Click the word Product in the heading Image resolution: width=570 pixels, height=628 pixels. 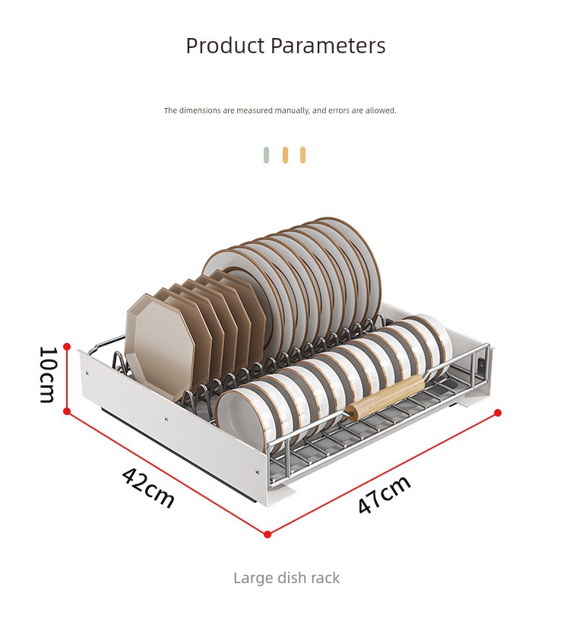point(226,46)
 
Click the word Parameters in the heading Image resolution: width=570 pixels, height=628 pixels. point(328,46)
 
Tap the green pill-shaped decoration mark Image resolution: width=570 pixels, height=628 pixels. point(266,155)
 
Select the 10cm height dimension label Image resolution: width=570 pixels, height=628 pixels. point(48,375)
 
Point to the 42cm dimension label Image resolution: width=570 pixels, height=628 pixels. point(148,487)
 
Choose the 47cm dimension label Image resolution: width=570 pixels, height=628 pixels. point(384,495)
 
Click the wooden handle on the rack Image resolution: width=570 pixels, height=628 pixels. point(385,398)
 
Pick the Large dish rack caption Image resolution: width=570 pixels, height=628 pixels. point(287,578)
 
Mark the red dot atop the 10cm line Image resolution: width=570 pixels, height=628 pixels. point(67,347)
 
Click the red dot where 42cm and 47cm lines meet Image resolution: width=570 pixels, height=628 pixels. point(268,534)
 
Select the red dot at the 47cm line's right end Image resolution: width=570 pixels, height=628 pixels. point(498,413)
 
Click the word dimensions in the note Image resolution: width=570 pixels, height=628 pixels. point(199,110)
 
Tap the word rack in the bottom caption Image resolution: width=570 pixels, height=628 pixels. point(325,578)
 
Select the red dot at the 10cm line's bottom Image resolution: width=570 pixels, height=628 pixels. point(67,411)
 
